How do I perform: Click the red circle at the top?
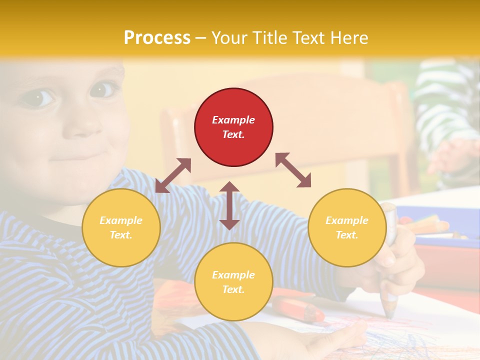coord(233,127)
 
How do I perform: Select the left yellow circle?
coord(121,227)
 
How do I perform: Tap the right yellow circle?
coord(347,227)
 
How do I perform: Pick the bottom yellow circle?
coord(233,281)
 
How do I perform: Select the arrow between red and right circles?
coord(293,170)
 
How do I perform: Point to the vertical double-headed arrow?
coord(229,205)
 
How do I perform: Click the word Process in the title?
coord(157,37)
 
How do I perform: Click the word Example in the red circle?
coord(233,120)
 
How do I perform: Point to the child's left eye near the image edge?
coord(38,97)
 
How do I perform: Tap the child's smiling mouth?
coord(75,156)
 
